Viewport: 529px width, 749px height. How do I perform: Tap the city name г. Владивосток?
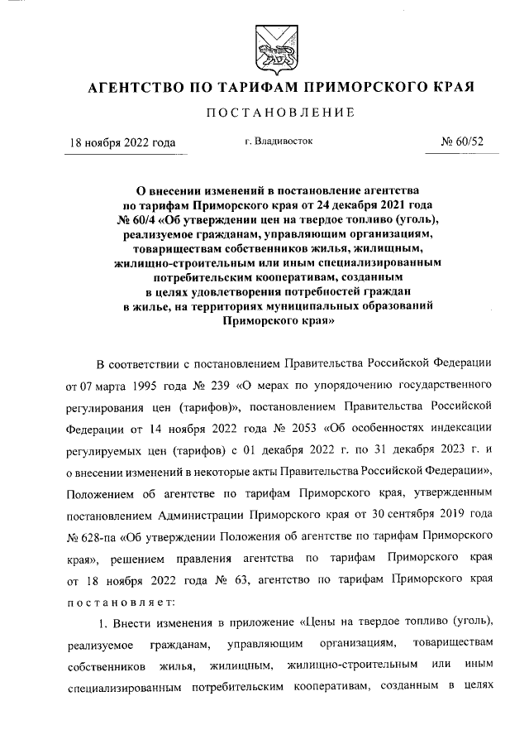pyautogui.click(x=279, y=142)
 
